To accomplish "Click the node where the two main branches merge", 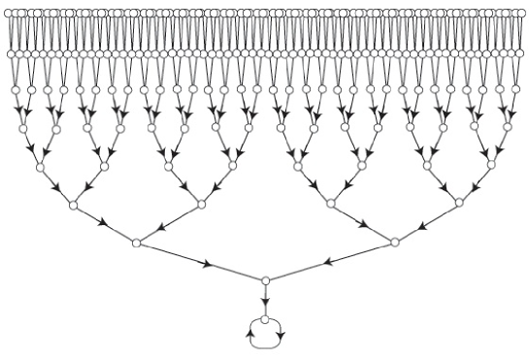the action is [x=265, y=280].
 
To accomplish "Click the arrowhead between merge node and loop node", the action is [x=265, y=302].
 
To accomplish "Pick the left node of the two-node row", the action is [x=136, y=242].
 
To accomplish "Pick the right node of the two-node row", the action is [x=394, y=242].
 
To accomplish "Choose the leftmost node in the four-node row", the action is [x=72, y=204].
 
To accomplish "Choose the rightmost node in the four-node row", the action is [x=458, y=204].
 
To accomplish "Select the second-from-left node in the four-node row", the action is [x=201, y=204].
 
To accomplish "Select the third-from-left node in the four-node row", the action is [x=330, y=204].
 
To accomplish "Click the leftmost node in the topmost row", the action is [x=9, y=14].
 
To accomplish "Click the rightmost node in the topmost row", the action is [x=521, y=14].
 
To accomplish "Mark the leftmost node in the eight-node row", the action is [x=40, y=167].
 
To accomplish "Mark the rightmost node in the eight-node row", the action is [x=490, y=167].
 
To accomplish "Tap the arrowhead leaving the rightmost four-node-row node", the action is [x=425, y=223].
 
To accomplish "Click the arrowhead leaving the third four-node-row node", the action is [x=363, y=223].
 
